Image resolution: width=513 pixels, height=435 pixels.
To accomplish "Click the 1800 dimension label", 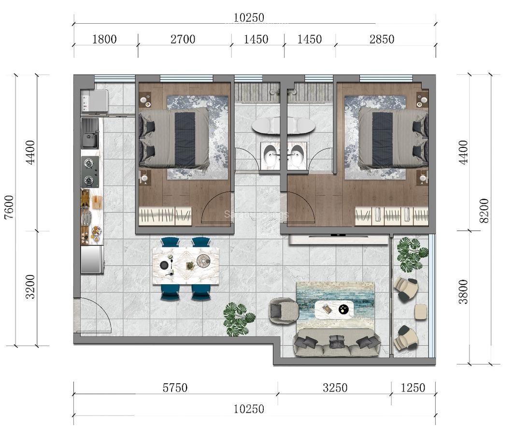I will (x=104, y=39).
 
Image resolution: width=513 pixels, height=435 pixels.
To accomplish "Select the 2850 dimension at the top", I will (x=382, y=39).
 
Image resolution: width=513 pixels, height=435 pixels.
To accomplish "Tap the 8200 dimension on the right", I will (x=484, y=211).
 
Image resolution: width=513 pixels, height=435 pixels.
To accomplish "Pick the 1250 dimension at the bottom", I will (x=413, y=388).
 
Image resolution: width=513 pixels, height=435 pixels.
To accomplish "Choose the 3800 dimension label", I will (x=463, y=291).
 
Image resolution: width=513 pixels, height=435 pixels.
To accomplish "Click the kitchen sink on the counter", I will (x=90, y=134).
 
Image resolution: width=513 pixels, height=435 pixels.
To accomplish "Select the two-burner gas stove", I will (x=90, y=172).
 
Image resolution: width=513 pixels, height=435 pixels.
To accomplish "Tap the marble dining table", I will (x=186, y=265).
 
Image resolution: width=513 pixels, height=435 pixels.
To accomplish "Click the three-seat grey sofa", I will (x=337, y=343).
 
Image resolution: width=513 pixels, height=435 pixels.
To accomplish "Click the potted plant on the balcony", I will (x=412, y=253).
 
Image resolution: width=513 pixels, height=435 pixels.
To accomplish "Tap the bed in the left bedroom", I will (x=174, y=138).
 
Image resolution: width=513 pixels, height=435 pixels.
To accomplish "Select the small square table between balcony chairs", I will (x=421, y=312).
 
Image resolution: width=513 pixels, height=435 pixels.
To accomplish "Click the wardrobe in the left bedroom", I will (x=165, y=216).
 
